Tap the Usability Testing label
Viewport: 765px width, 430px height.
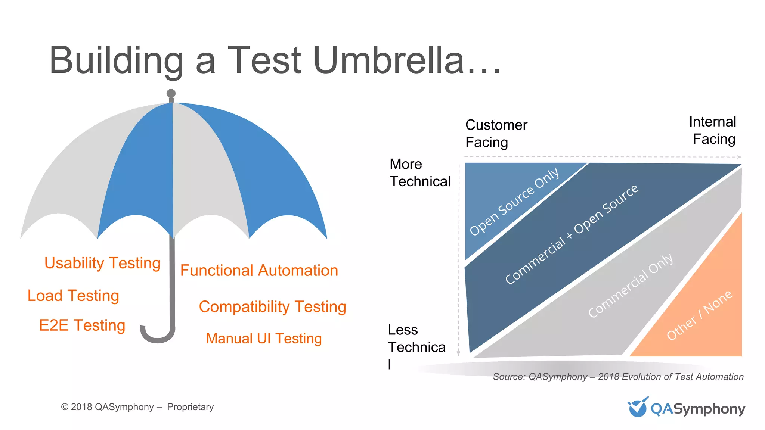tap(102, 263)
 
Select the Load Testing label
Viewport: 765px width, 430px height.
tap(73, 296)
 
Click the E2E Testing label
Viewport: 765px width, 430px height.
tap(82, 325)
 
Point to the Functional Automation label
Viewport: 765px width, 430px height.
tap(259, 271)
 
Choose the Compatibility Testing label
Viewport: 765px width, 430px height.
tap(272, 307)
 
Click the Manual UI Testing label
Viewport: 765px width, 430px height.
tap(264, 339)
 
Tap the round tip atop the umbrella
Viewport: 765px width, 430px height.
tap(171, 93)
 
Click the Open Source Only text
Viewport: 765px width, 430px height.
tap(514, 202)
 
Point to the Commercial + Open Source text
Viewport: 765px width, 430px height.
tap(572, 234)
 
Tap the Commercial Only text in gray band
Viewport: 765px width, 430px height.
tap(631, 286)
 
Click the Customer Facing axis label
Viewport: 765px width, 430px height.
tap(496, 134)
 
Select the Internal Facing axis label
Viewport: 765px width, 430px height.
tap(713, 130)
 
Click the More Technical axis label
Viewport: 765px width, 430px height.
tap(419, 173)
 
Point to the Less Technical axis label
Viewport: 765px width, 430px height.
tap(416, 339)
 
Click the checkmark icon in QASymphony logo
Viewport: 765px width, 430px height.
tap(637, 407)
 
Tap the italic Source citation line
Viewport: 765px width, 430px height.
tap(618, 377)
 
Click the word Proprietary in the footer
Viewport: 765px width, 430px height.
tap(190, 407)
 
